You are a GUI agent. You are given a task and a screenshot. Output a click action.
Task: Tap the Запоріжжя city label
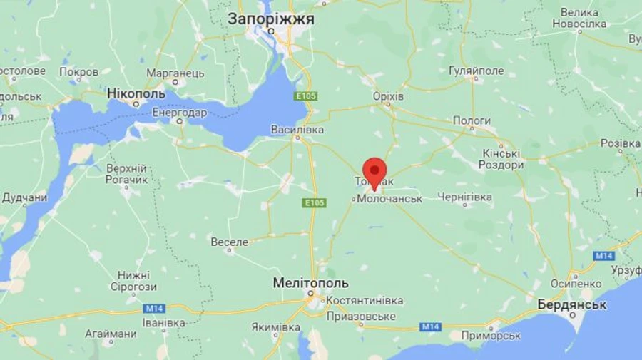271,19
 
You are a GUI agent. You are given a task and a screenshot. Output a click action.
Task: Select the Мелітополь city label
310,283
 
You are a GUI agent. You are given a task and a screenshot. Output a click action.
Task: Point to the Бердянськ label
573,304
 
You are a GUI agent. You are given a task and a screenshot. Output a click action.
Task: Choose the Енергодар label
180,113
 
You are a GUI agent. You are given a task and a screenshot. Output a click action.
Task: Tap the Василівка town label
297,130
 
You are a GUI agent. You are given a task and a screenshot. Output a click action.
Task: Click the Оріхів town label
388,96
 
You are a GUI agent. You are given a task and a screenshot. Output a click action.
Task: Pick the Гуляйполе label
476,71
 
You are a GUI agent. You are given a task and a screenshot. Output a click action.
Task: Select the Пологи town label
472,121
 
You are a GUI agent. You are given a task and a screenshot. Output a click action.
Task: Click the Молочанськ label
389,199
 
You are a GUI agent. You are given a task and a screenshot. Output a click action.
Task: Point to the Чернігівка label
464,197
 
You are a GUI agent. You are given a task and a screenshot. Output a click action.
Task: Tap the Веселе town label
230,242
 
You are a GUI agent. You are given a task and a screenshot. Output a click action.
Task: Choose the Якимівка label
275,327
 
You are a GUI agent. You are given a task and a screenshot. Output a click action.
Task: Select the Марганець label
175,73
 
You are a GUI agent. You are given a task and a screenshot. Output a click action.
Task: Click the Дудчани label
25,197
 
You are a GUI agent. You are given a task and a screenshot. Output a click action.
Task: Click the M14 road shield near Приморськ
430,326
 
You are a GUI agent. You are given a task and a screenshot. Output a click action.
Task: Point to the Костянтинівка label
365,301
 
